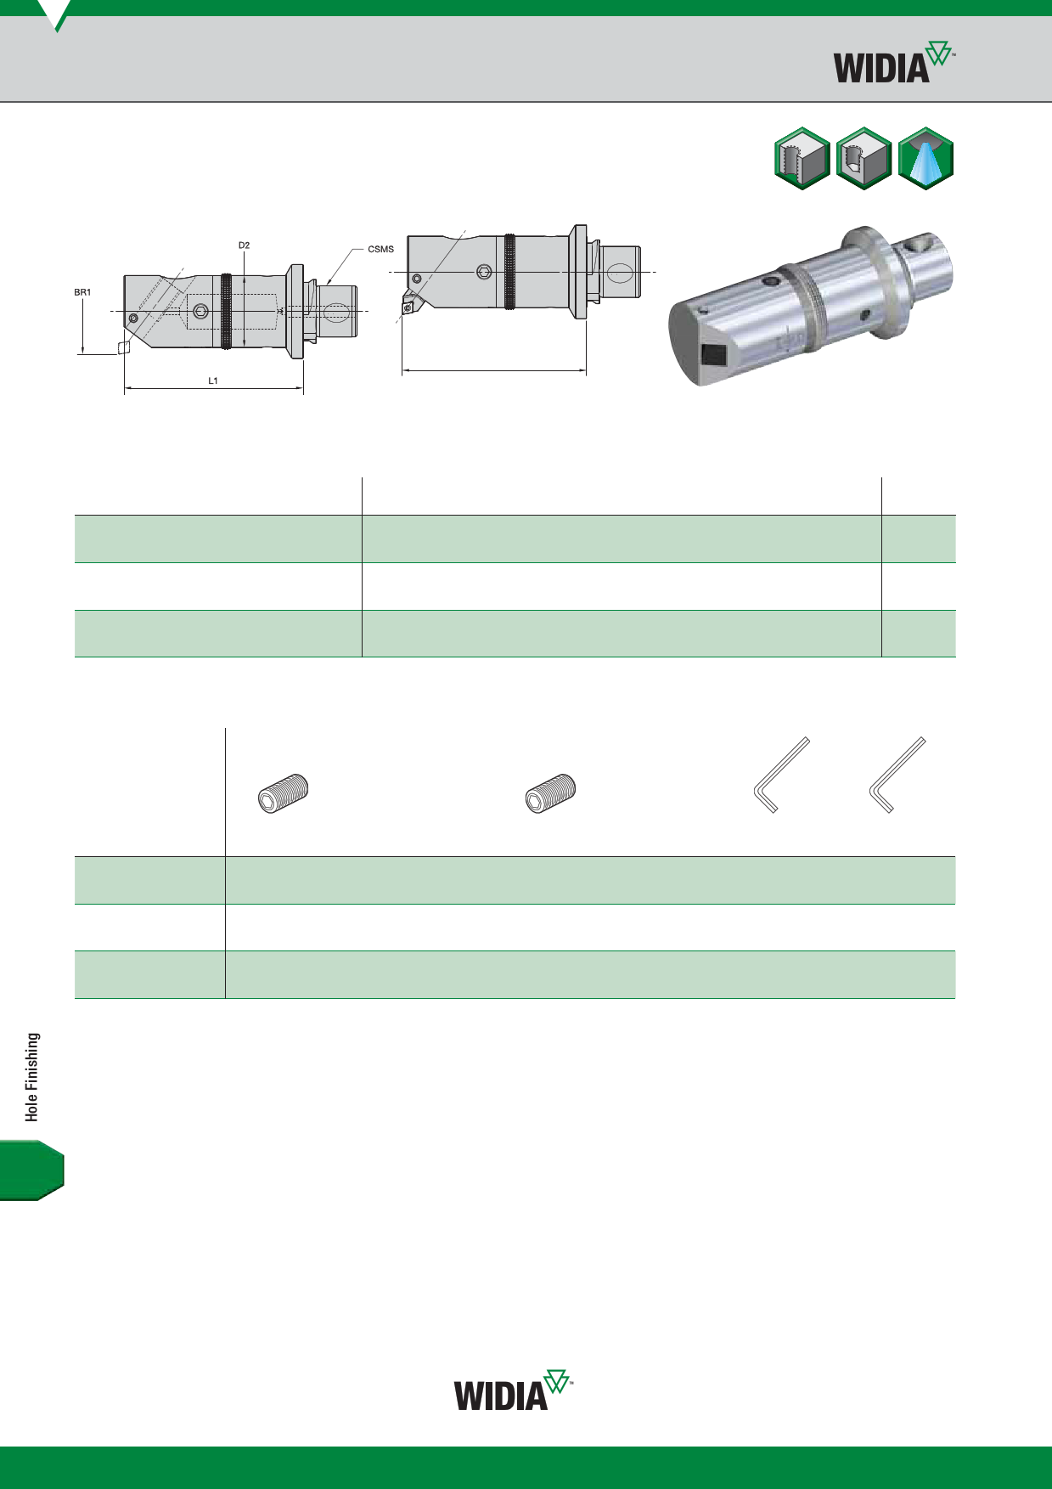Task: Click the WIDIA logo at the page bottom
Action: [x=513, y=1390]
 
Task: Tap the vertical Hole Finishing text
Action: [x=32, y=1077]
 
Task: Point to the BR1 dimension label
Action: [x=82, y=292]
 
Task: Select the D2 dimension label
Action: [x=244, y=245]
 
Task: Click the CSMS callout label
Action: [x=380, y=249]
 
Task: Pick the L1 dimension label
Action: [x=213, y=381]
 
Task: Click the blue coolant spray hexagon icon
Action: [x=925, y=158]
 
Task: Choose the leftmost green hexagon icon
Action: [x=802, y=158]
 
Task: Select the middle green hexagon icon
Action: [x=864, y=158]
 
